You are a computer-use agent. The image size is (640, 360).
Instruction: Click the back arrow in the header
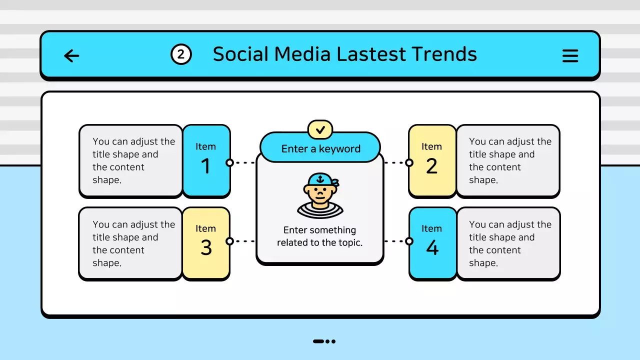(x=72, y=55)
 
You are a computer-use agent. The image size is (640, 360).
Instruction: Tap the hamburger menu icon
(x=570, y=55)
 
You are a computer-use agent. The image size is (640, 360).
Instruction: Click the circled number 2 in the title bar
(x=181, y=54)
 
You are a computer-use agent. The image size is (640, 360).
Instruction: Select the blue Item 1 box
(x=206, y=160)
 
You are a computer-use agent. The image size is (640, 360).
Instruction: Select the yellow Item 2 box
(x=431, y=160)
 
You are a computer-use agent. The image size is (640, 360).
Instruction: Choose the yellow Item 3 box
(x=206, y=242)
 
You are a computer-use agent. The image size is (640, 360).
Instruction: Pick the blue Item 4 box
(x=432, y=242)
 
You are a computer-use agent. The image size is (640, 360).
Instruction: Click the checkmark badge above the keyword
(x=320, y=129)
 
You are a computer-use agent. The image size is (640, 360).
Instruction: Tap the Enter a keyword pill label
(x=320, y=148)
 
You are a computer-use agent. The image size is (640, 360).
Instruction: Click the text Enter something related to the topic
(x=320, y=236)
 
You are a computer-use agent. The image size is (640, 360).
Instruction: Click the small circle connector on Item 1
(x=229, y=162)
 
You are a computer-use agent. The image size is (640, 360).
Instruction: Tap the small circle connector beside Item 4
(x=409, y=241)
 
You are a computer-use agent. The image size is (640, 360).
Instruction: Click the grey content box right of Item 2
(x=508, y=160)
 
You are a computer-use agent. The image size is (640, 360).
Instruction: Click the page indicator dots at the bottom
(x=324, y=341)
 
